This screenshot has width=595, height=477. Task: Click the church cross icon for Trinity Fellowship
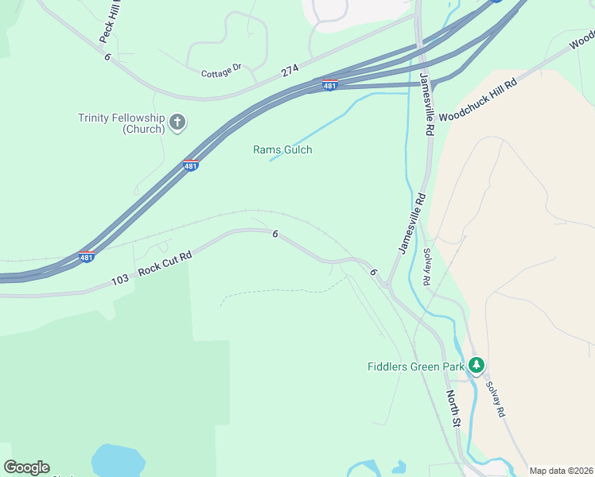[177, 123]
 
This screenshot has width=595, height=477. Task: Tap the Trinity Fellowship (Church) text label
[121, 124]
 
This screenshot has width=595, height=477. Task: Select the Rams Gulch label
[282, 149]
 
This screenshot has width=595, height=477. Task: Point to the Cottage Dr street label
[222, 72]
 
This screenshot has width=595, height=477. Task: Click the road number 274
[290, 72]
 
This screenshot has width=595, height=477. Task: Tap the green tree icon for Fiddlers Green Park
[476, 366]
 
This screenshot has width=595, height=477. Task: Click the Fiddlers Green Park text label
[414, 366]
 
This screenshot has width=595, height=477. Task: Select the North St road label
[453, 410]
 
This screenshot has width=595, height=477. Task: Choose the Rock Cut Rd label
[165, 264]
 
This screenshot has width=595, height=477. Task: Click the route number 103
[120, 280]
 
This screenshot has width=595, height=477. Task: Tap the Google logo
[26, 467]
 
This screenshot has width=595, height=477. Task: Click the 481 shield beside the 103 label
[87, 257]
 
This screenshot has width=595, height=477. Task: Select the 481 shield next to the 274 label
[330, 85]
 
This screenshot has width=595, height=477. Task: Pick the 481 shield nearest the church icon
[190, 165]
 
